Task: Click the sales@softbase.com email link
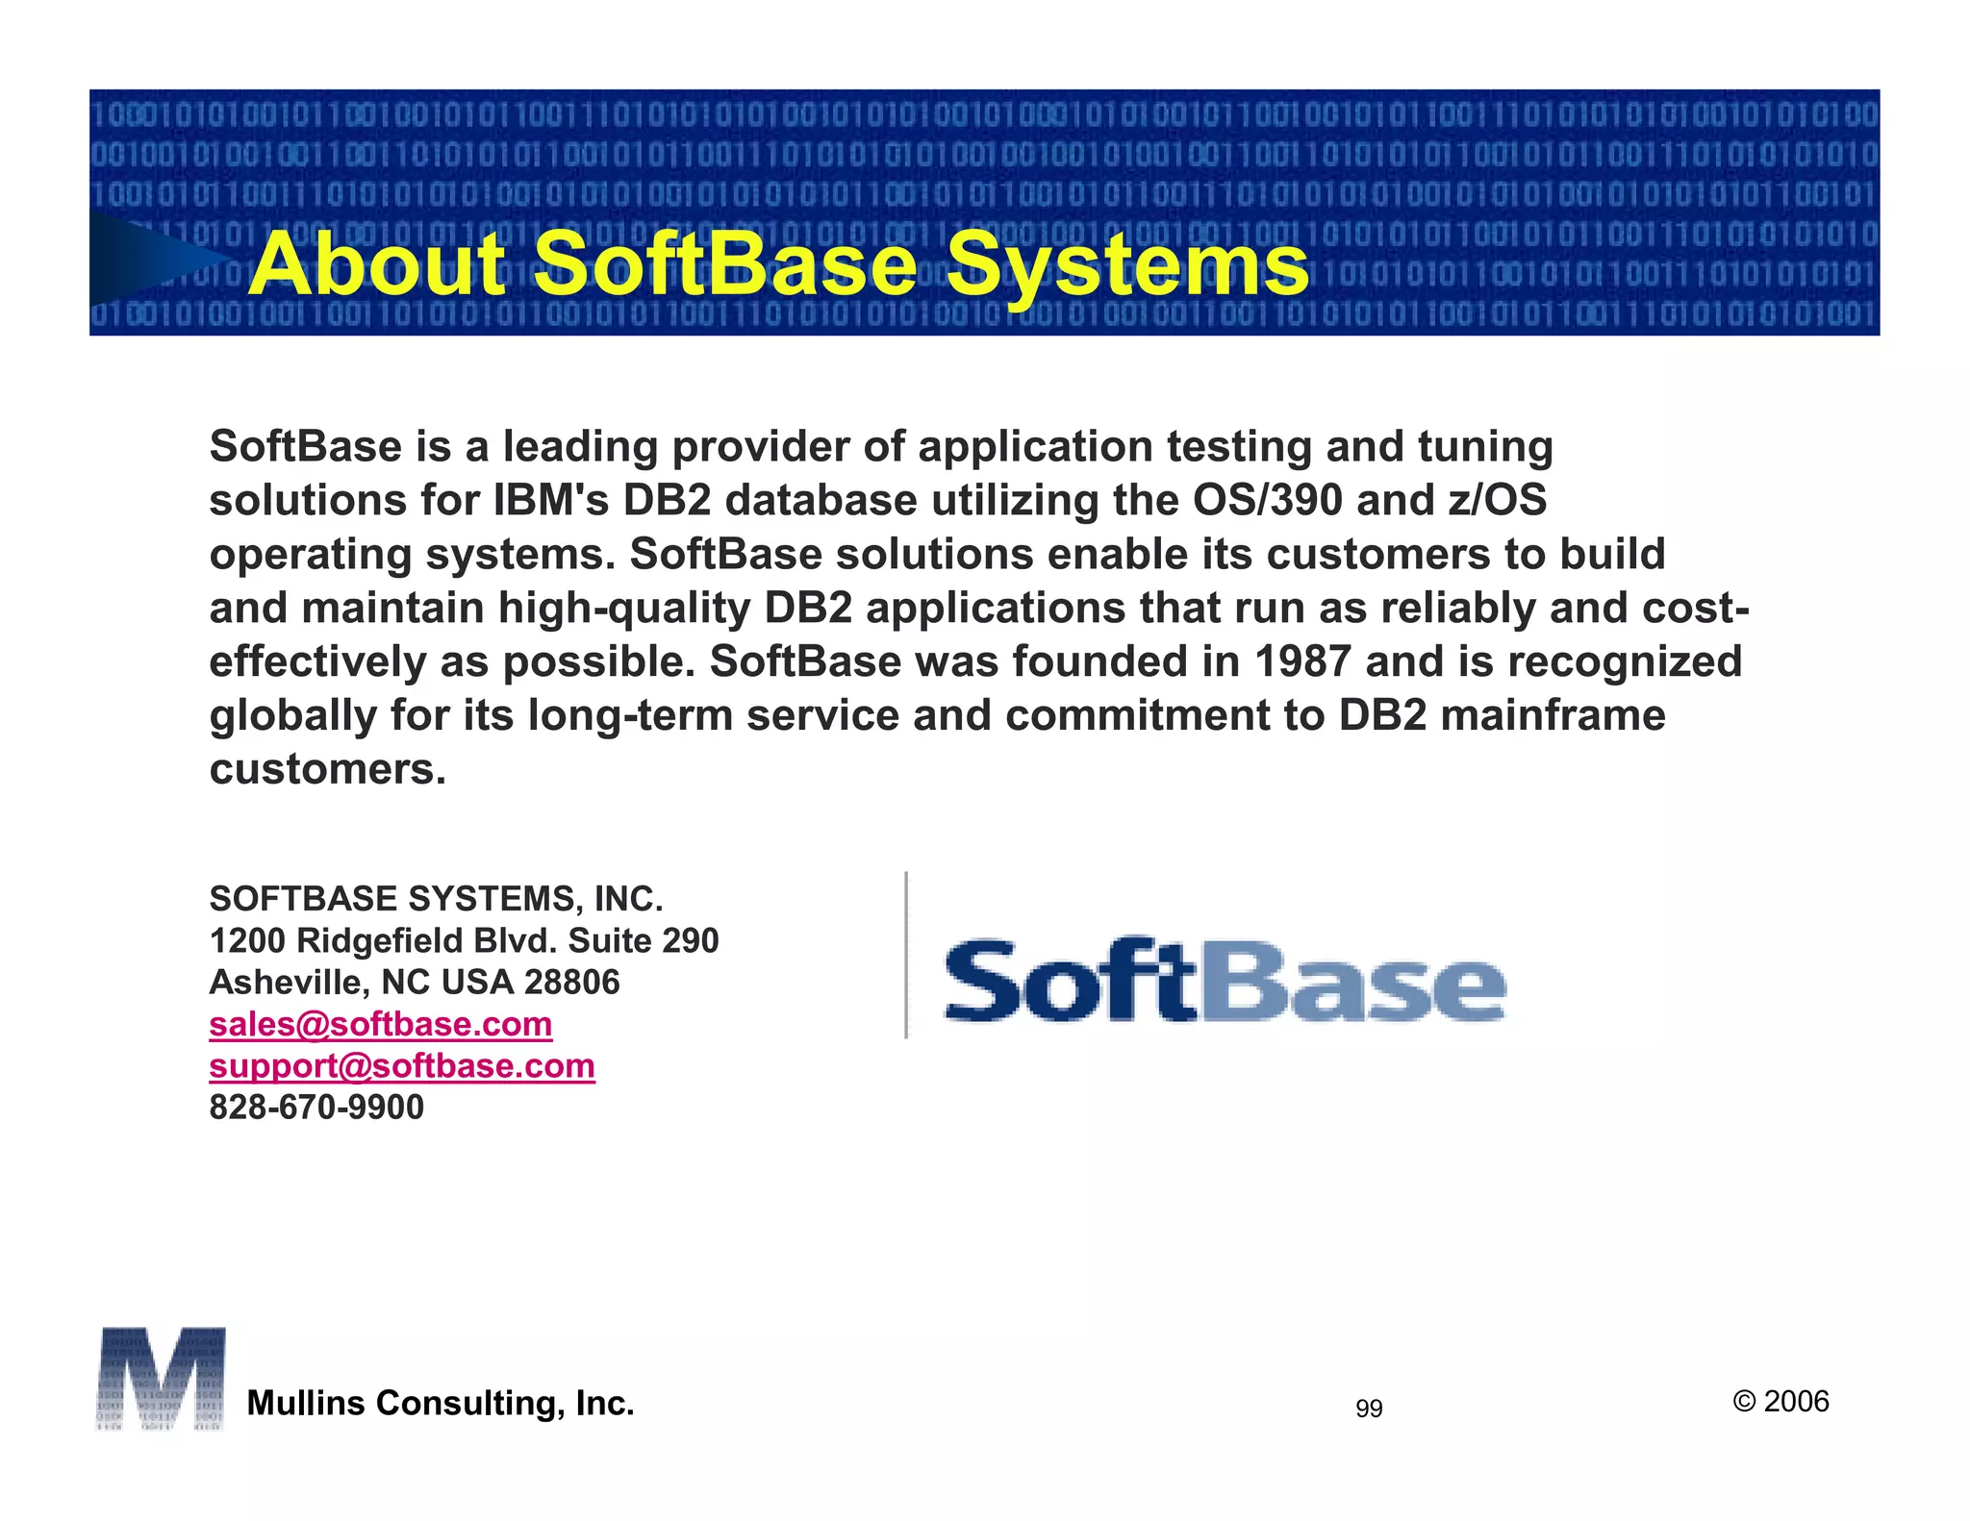(x=380, y=1025)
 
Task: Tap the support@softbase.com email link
(x=402, y=1066)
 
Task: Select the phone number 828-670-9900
(x=316, y=1108)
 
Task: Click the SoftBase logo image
(x=1225, y=981)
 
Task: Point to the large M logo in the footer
(x=161, y=1379)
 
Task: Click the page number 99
(x=1369, y=1409)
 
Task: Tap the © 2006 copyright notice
(x=1781, y=1402)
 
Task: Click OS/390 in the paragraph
(x=1267, y=501)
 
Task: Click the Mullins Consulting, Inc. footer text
(x=441, y=1404)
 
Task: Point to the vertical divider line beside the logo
(x=906, y=955)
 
